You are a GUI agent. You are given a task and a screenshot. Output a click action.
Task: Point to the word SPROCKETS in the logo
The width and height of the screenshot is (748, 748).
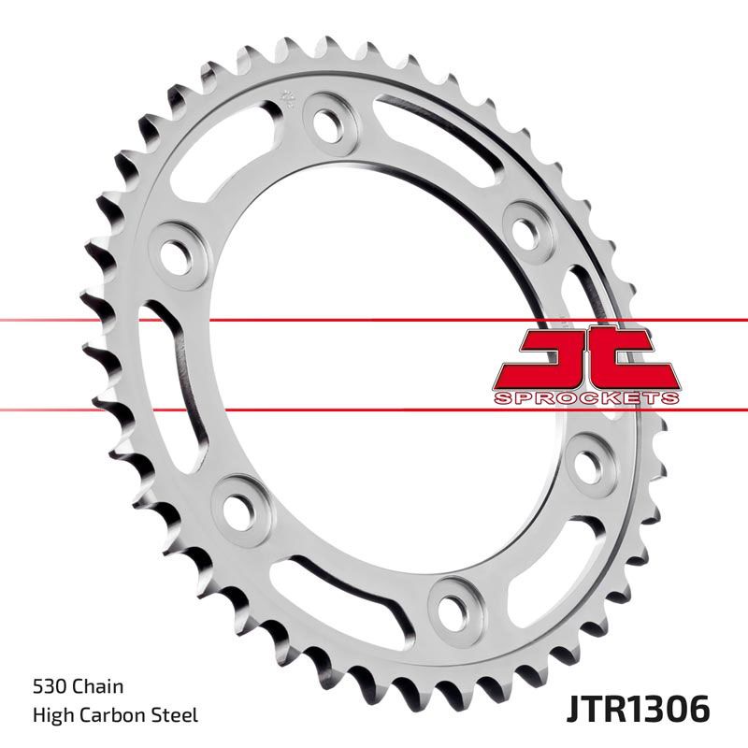[x=585, y=398]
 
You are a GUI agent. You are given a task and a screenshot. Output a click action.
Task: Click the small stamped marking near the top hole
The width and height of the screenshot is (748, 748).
[x=288, y=97]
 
